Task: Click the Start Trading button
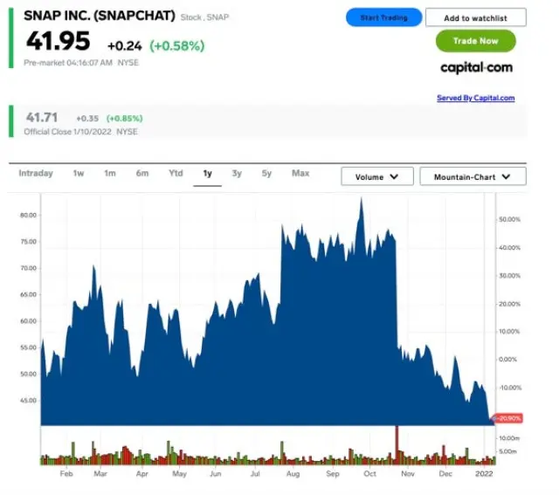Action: [383, 17]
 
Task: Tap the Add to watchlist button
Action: [476, 17]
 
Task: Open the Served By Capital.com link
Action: [475, 98]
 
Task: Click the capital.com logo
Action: [476, 67]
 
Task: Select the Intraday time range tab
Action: [36, 174]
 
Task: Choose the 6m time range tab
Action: [142, 174]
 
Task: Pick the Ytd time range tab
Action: [176, 174]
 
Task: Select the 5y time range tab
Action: [266, 174]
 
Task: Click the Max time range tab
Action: [300, 174]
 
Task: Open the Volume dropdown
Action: [377, 176]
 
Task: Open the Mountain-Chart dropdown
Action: [473, 176]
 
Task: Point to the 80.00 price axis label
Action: [28, 215]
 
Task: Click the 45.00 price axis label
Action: [28, 401]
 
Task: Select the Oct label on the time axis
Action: [370, 473]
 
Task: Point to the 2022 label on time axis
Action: [483, 473]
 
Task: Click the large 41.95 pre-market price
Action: [58, 41]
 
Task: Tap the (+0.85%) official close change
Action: [124, 118]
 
